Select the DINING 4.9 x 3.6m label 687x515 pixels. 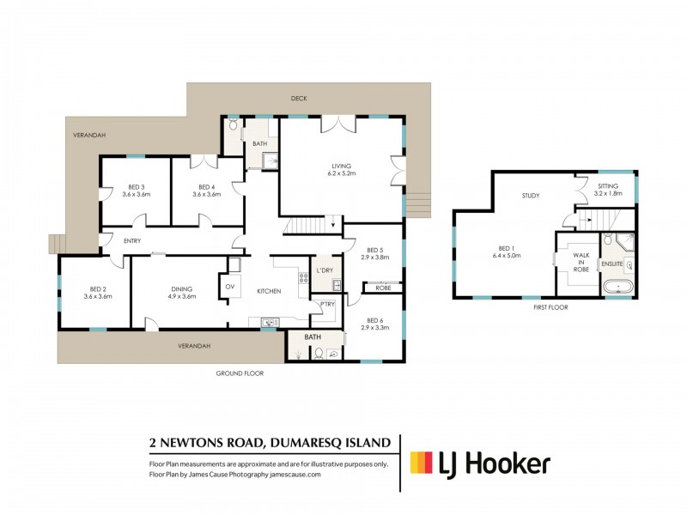[x=182, y=293]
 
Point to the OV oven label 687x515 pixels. [x=230, y=287]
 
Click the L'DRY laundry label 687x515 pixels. [x=325, y=270]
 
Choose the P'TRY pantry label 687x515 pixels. [x=327, y=305]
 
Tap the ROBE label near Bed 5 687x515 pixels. [x=383, y=288]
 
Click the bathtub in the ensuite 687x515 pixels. [x=618, y=288]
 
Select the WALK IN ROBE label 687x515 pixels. [x=581, y=262]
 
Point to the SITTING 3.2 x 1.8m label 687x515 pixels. [x=608, y=190]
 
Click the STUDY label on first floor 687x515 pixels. [x=531, y=196]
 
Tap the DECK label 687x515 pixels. [x=299, y=98]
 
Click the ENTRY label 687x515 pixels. [x=132, y=241]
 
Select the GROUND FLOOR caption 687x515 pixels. [x=240, y=373]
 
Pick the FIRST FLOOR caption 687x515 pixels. [x=550, y=307]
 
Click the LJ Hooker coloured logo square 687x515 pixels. [x=421, y=463]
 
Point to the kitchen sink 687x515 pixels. [x=268, y=323]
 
